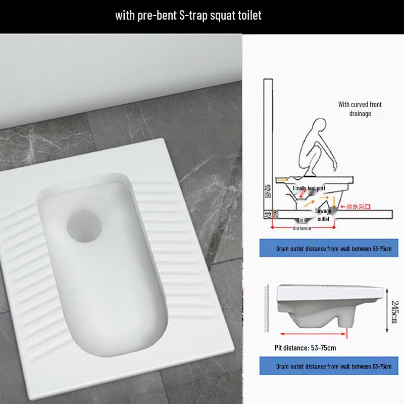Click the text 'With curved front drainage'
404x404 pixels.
tap(360, 109)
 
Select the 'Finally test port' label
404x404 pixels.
tap(309, 188)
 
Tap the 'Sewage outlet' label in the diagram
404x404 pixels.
tap(323, 215)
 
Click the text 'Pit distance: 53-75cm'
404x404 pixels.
tap(305, 348)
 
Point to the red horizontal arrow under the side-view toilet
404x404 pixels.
tap(313, 334)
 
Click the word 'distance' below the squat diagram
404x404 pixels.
tap(302, 228)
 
